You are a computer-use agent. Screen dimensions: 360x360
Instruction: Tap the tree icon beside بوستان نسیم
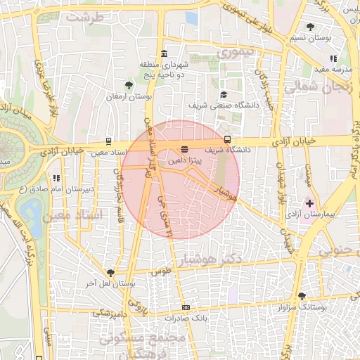tap(310, 27)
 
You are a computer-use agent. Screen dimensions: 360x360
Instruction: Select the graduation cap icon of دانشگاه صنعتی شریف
tap(224, 95)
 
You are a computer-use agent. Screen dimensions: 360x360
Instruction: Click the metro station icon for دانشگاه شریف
tap(227, 140)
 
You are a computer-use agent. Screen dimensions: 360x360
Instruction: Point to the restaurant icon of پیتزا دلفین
tap(184, 149)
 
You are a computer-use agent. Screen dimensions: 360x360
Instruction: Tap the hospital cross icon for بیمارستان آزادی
tap(310, 202)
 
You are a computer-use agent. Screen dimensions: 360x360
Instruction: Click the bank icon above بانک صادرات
tap(186, 307)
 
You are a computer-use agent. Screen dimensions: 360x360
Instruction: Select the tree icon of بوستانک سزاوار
tap(302, 297)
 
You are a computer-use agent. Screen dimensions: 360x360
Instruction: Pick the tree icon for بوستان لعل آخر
tap(110, 273)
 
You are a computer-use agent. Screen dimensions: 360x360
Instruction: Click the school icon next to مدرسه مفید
tap(333, 59)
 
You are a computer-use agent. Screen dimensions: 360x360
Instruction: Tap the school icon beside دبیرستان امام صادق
tap(56, 178)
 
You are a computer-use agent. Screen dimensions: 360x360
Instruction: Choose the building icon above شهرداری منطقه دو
tap(164, 55)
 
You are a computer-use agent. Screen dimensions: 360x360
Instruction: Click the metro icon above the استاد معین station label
tap(108, 141)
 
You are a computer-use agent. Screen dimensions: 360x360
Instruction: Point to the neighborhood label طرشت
tap(85, 15)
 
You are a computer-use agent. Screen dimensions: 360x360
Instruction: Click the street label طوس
tap(162, 270)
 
